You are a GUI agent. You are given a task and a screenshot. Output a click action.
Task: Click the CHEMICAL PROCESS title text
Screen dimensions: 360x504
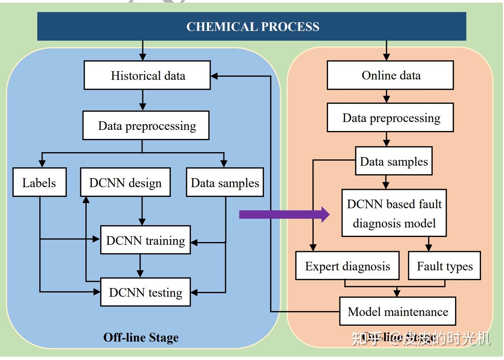(253, 27)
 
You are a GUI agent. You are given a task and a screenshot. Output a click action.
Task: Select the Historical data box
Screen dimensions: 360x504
(147, 75)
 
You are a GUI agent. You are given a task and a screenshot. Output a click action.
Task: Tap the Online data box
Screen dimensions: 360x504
(390, 75)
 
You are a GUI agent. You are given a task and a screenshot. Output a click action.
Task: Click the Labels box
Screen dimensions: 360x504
(39, 183)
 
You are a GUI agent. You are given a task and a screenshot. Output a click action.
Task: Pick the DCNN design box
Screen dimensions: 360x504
(125, 183)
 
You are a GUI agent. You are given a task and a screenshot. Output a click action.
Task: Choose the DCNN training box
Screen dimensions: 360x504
(145, 240)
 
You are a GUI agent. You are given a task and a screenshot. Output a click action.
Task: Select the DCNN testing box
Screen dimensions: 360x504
(145, 292)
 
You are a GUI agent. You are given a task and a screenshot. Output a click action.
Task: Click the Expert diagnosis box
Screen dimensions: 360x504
(347, 266)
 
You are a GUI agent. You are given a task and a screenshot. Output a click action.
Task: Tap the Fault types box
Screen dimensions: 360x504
(444, 266)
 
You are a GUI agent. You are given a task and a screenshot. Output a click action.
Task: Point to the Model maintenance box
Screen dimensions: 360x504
(398, 311)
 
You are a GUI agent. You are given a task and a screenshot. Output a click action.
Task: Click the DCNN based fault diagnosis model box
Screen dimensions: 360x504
(394, 213)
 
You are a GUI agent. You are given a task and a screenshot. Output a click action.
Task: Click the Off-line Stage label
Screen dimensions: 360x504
(141, 337)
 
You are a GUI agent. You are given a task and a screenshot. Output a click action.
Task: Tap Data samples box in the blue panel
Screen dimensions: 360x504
(225, 183)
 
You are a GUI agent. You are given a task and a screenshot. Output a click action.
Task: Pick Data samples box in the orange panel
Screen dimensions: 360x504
(394, 161)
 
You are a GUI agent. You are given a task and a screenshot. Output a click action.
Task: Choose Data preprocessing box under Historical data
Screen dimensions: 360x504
(146, 125)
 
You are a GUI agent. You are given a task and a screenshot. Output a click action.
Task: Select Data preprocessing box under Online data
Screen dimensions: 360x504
(390, 118)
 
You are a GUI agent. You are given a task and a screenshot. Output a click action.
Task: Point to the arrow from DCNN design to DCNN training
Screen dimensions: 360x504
(142, 211)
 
